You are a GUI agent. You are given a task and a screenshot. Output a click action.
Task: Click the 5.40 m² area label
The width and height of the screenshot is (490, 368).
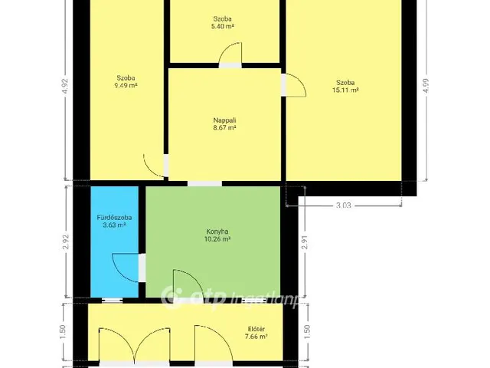point(223,27)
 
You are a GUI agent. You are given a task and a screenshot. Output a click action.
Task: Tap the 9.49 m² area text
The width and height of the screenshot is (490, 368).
point(126,85)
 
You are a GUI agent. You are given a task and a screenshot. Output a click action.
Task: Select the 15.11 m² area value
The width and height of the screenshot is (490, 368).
point(345,90)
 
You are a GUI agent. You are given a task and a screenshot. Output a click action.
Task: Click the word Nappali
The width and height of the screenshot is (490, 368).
point(224,120)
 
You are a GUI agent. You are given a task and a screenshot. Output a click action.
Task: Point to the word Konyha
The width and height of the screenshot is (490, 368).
point(217,232)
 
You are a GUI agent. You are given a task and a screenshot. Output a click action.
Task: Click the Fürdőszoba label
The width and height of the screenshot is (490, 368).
point(114,218)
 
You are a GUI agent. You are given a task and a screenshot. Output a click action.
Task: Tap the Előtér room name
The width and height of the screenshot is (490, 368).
point(256,329)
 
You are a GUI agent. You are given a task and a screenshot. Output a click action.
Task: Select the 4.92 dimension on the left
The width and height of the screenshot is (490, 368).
point(65,86)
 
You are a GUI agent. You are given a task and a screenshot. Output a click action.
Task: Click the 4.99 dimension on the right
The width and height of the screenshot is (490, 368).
point(426,85)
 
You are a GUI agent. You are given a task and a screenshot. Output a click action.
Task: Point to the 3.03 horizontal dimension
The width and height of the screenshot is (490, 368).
point(344,205)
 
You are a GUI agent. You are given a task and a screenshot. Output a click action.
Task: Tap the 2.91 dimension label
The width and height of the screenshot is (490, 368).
point(305,242)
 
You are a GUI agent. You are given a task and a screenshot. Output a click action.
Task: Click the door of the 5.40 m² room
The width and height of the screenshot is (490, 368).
point(230,54)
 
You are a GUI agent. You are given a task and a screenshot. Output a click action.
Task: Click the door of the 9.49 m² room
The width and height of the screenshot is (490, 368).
point(154,166)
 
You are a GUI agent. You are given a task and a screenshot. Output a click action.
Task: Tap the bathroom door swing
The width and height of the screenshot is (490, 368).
point(126,268)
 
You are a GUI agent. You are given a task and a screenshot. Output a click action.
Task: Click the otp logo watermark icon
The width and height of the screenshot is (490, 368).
point(171,296)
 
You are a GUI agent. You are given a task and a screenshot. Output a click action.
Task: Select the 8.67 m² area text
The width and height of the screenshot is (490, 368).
point(224,128)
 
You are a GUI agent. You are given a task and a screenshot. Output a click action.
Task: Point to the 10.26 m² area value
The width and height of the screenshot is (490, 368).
point(217,239)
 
